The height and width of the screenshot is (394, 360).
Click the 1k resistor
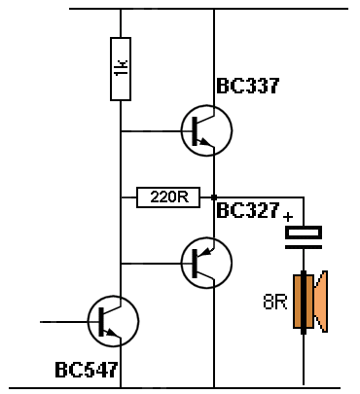[x=121, y=69]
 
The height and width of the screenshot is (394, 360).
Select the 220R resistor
[x=168, y=197]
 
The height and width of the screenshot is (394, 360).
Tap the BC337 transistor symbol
[x=205, y=130]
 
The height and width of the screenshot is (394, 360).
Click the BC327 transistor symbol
[x=205, y=261]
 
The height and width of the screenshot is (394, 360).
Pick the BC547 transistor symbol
[x=113, y=320]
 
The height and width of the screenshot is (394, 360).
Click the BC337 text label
[x=249, y=87]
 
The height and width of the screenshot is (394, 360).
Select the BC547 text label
[x=87, y=371]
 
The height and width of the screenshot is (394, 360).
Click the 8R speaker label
[x=275, y=302]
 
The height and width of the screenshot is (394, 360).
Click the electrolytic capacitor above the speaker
[x=304, y=233]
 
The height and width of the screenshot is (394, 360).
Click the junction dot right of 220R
[x=213, y=197]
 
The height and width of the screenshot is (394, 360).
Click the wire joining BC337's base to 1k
[x=151, y=131]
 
